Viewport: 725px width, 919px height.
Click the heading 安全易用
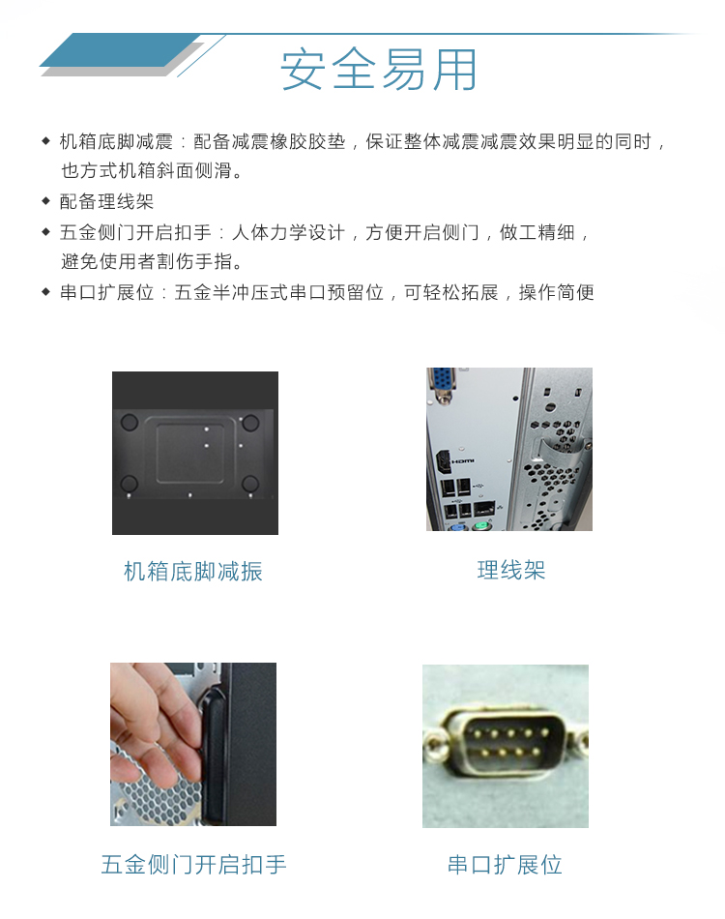click(x=379, y=70)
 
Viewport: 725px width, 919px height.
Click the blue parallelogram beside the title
click(x=120, y=49)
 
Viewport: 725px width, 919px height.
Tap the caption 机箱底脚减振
click(x=193, y=571)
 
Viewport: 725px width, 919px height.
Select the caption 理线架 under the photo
click(x=511, y=570)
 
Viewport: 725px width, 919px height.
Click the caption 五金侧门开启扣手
click(x=194, y=865)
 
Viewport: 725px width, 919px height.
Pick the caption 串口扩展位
click(x=505, y=865)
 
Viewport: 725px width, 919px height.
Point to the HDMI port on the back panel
click(x=444, y=461)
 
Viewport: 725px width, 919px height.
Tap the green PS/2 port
click(x=480, y=525)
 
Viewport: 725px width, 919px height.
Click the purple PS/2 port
click(x=457, y=527)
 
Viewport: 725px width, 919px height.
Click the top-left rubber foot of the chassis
click(x=129, y=423)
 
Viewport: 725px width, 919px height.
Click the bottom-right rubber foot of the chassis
click(x=250, y=484)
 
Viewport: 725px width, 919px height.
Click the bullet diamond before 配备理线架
click(x=46, y=201)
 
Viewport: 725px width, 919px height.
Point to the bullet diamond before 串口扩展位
click(x=46, y=291)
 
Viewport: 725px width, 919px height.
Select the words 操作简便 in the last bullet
click(x=557, y=292)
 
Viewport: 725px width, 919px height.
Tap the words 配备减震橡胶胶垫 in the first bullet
click(x=270, y=142)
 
